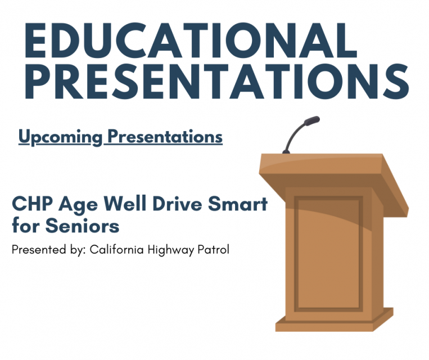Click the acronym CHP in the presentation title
point(30,204)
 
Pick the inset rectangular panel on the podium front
point(329,253)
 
